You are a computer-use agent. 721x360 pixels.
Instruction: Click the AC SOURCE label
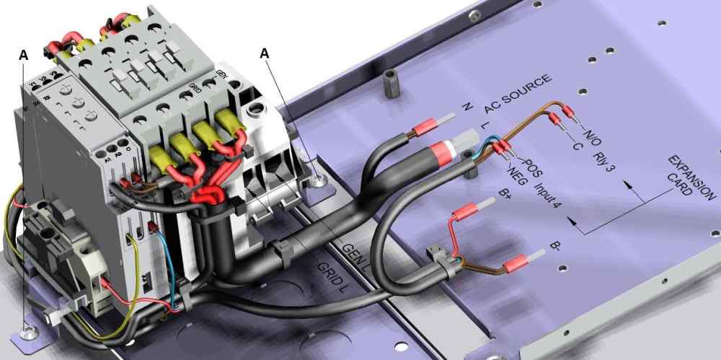(518, 93)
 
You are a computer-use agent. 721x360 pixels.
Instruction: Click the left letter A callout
(25, 55)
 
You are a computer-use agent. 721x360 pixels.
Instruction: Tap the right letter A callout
(266, 53)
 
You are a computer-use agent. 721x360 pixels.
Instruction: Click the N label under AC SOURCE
(466, 107)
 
